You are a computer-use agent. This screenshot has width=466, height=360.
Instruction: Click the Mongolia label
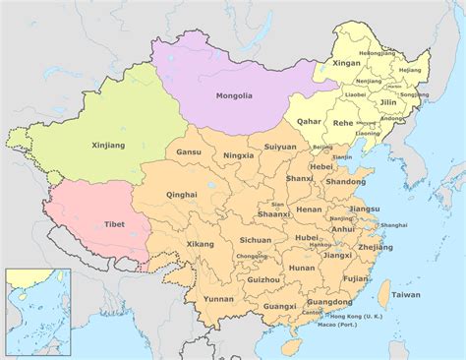pyautogui.click(x=236, y=96)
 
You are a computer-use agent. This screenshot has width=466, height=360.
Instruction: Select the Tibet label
pyautogui.click(x=113, y=224)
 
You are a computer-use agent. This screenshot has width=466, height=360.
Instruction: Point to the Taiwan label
pyautogui.click(x=405, y=295)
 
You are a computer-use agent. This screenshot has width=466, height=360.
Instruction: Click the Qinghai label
pyautogui.click(x=182, y=195)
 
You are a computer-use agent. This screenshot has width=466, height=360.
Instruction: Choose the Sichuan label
pyautogui.click(x=255, y=239)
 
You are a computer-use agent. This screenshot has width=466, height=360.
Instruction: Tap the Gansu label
pyautogui.click(x=189, y=152)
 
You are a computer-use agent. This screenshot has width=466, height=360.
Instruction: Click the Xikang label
pyautogui.click(x=200, y=243)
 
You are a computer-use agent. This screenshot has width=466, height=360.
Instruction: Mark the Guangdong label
pyautogui.click(x=329, y=302)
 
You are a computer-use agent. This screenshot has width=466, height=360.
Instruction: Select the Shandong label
pyautogui.click(x=345, y=181)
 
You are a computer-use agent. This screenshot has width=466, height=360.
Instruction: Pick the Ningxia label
pyautogui.click(x=239, y=154)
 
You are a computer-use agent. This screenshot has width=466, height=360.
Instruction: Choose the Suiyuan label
pyautogui.click(x=280, y=147)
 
